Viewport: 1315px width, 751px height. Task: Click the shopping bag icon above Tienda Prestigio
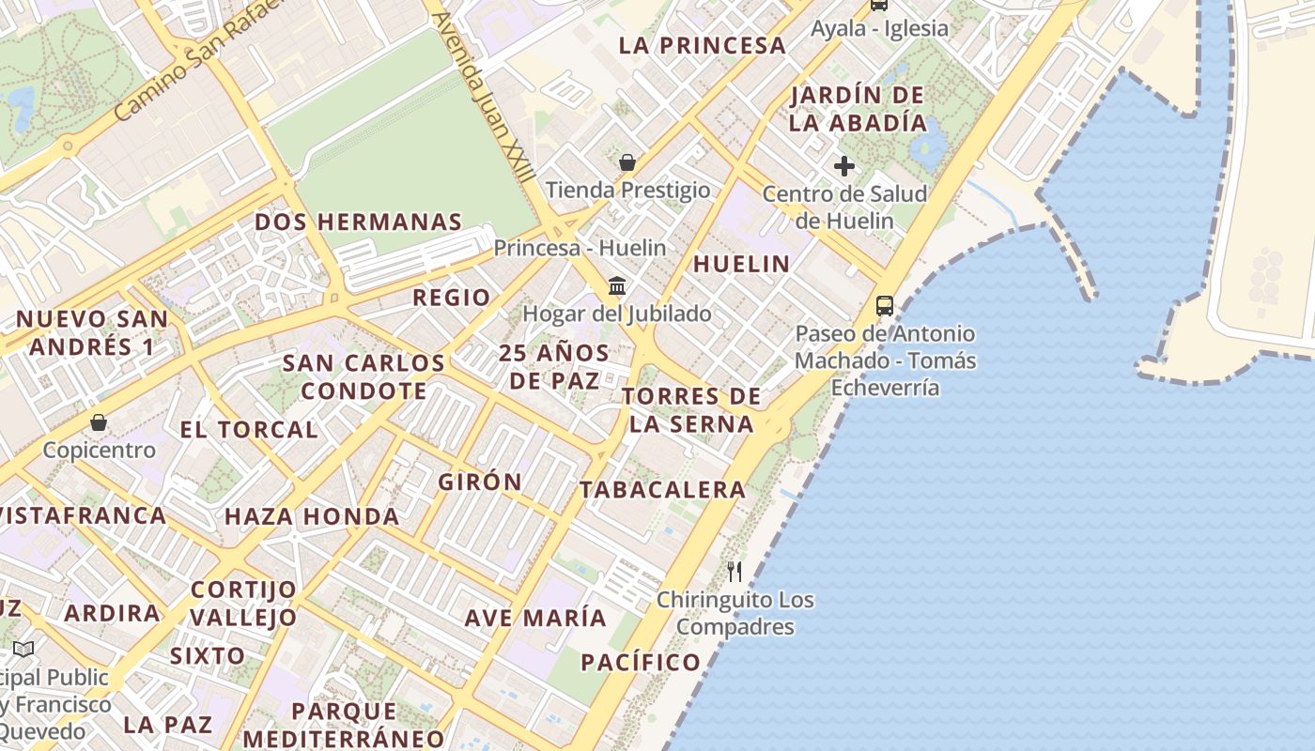(x=627, y=163)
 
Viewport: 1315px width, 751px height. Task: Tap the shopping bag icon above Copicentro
(x=99, y=423)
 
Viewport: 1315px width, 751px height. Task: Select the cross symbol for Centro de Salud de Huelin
(x=844, y=167)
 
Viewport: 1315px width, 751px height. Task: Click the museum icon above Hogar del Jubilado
(x=617, y=285)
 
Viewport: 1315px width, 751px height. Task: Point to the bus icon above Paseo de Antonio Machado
(x=885, y=306)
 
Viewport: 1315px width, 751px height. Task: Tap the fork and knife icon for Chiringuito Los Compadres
(x=735, y=571)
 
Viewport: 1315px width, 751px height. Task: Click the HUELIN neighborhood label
(x=741, y=264)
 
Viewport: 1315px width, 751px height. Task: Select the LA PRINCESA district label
(x=703, y=45)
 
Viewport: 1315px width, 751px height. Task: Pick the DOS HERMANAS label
(x=359, y=222)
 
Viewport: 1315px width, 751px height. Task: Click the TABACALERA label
(x=662, y=489)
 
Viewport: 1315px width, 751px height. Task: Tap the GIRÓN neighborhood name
(x=480, y=483)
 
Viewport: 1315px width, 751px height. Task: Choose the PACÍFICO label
(x=641, y=662)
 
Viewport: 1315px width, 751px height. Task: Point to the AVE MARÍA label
(x=535, y=618)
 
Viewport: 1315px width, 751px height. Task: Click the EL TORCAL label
(x=249, y=430)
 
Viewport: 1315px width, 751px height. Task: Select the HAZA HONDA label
(x=312, y=516)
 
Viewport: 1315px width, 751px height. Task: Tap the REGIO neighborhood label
(x=452, y=298)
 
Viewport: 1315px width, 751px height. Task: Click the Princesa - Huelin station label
(x=580, y=249)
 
